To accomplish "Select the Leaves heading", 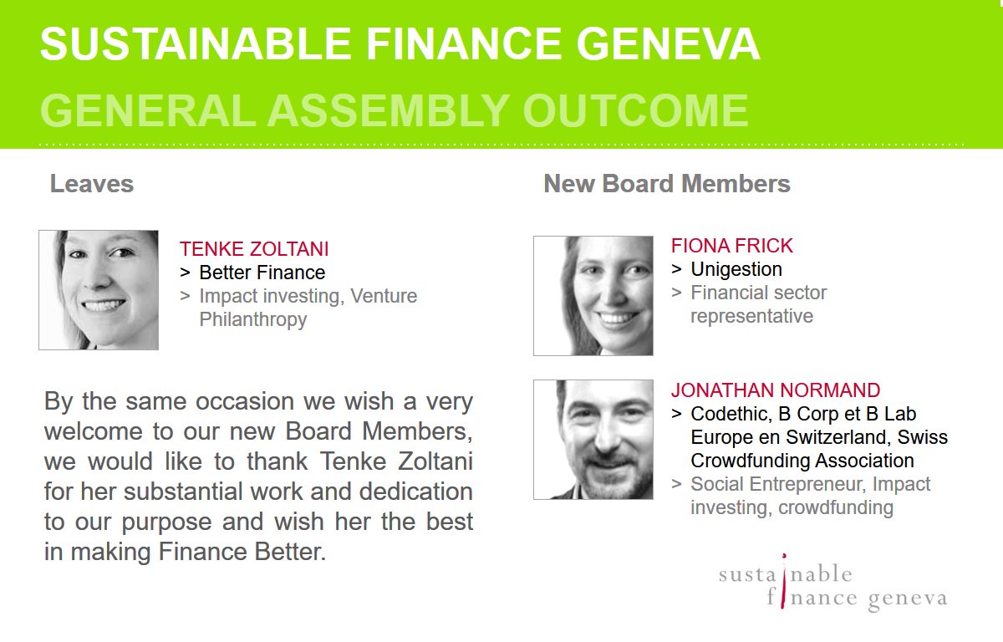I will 92,184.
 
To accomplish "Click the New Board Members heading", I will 667,184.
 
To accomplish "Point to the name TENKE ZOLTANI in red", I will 254,249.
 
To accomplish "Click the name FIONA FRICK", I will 731,246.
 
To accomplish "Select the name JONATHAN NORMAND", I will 775,390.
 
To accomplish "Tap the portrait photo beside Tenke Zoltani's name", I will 99,290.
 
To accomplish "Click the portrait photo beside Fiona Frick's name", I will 593,296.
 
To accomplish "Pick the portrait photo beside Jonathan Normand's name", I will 593,440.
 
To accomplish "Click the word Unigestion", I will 736,269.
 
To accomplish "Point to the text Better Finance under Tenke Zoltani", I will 262,273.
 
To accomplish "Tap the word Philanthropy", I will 253,319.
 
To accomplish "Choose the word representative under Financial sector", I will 751,316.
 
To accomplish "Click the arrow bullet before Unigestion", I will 676,269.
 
